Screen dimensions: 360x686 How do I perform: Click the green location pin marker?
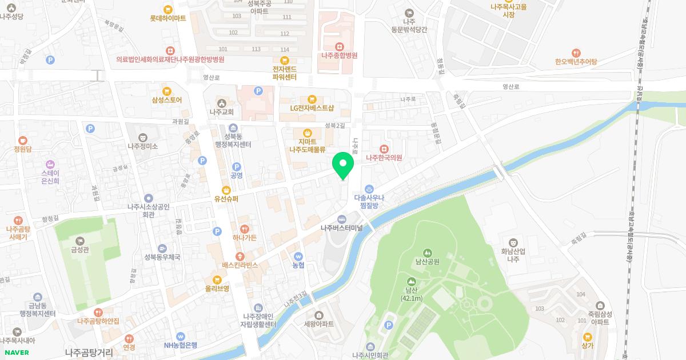click(x=343, y=166)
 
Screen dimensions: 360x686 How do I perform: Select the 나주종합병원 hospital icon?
click(x=339, y=46)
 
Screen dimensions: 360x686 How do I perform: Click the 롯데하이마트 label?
click(x=168, y=18)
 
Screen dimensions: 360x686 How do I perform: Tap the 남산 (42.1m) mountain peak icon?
click(x=411, y=282)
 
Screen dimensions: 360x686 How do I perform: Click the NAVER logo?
click(x=17, y=352)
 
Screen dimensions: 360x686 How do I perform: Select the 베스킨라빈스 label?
click(x=241, y=265)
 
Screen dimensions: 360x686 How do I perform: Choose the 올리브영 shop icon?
click(x=217, y=279)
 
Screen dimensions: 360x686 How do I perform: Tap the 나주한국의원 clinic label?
click(x=384, y=158)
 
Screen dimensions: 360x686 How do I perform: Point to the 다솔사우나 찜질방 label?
click(x=369, y=201)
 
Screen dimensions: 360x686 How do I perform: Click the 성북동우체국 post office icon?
click(x=162, y=249)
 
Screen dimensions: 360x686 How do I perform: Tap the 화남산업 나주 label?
click(x=513, y=255)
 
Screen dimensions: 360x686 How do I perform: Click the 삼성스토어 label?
click(x=167, y=100)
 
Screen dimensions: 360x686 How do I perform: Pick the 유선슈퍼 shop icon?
click(x=226, y=190)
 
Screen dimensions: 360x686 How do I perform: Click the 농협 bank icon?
click(x=298, y=257)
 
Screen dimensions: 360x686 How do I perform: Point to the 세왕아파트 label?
click(x=319, y=323)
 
